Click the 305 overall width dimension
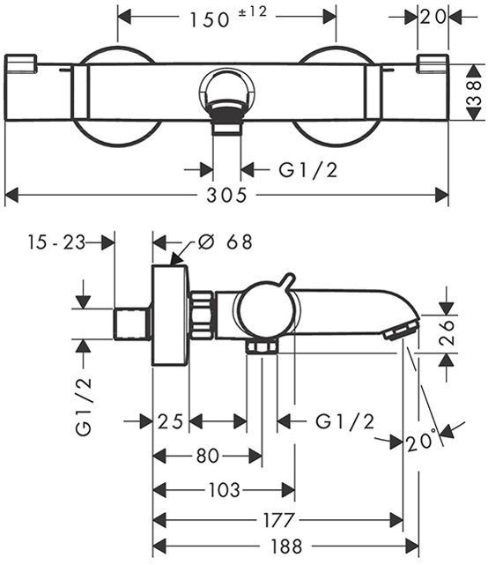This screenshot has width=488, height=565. [x=226, y=196]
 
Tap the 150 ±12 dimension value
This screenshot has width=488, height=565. [x=228, y=18]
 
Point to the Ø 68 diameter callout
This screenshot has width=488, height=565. [x=226, y=242]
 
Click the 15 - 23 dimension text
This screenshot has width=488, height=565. [x=56, y=242]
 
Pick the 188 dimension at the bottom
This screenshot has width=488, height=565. [x=286, y=546]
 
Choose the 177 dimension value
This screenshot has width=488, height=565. [x=278, y=520]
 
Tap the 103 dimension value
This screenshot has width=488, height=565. [x=224, y=490]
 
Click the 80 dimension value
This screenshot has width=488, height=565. [x=208, y=456]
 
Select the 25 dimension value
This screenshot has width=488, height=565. [x=170, y=421]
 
